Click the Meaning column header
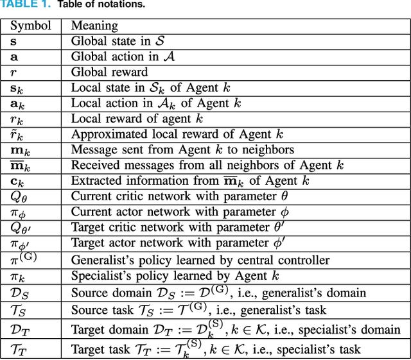94,26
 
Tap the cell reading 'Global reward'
109,72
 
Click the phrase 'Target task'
98,349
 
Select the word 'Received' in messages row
94,166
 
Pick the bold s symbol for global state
13,41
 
